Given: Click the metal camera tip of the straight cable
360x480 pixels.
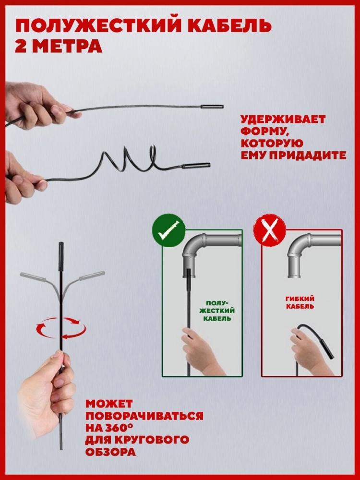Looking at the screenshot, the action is coord(212,107).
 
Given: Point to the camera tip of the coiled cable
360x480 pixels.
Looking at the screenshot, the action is coord(196,166).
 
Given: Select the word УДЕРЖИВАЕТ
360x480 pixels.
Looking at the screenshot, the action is coord(283,120).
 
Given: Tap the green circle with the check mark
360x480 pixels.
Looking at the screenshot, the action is coord(168,230).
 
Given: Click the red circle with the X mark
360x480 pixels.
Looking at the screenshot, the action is coord(269,230).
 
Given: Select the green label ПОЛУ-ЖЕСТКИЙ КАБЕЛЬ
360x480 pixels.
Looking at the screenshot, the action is coord(217,311).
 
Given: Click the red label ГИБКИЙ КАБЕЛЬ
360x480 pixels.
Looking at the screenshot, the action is coord(300,302).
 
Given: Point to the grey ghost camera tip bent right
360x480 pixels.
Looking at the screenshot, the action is coord(92,275).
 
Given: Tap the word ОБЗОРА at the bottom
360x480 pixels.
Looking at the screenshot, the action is coord(110,452).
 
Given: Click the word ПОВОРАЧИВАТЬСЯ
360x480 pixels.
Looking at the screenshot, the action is coord(144,416).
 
